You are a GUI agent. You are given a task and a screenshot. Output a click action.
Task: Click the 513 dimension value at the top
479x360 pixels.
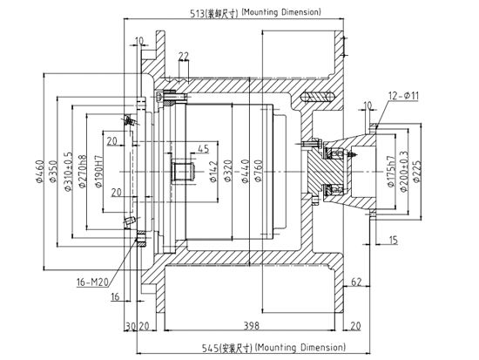coord(198,13)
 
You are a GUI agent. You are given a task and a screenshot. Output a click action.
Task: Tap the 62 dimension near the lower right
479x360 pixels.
coord(356,282)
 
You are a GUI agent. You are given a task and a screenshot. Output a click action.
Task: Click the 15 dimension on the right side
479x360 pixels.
coord(394,240)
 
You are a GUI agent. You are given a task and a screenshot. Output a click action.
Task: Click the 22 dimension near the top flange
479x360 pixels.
coord(184,57)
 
